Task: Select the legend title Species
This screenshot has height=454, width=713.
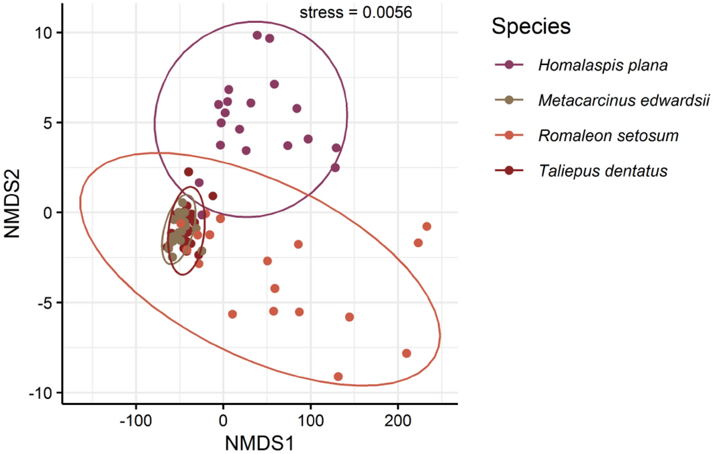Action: (x=530, y=27)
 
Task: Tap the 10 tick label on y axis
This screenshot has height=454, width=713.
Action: (x=46, y=32)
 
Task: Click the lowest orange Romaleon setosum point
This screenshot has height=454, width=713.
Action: (x=338, y=377)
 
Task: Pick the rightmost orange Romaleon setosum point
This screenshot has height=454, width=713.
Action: (x=426, y=226)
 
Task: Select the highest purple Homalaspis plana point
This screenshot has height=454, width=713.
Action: (x=257, y=35)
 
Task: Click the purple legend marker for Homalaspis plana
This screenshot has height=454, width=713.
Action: (x=509, y=65)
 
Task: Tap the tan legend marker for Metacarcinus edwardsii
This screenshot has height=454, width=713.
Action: (x=509, y=100)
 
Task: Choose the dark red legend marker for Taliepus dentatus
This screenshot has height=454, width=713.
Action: (x=509, y=171)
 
